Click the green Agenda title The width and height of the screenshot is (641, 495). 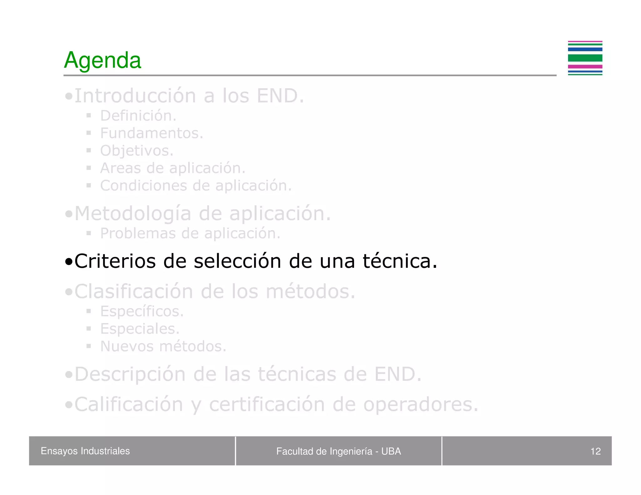point(102,60)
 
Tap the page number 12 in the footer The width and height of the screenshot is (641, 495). point(595,451)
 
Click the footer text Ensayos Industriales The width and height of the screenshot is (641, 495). point(85,451)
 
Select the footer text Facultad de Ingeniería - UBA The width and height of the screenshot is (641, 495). point(338,451)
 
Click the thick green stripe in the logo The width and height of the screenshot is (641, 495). point(585,58)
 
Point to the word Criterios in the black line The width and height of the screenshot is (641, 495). point(115,261)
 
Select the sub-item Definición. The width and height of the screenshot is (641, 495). point(138,116)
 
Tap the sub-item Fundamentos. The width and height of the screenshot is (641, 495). point(151,133)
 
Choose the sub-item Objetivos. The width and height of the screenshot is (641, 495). point(136,151)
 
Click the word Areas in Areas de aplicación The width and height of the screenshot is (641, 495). point(121,168)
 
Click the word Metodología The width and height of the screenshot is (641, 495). point(133,214)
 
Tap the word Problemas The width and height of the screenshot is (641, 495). point(138,233)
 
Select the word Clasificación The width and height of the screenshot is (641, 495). point(134,292)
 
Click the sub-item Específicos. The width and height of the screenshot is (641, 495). point(142,311)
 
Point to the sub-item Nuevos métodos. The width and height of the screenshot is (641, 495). point(163,346)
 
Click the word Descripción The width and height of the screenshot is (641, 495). point(130,374)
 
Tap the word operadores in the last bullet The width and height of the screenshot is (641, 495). point(421,404)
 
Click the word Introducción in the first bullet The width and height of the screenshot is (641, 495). point(135,96)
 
